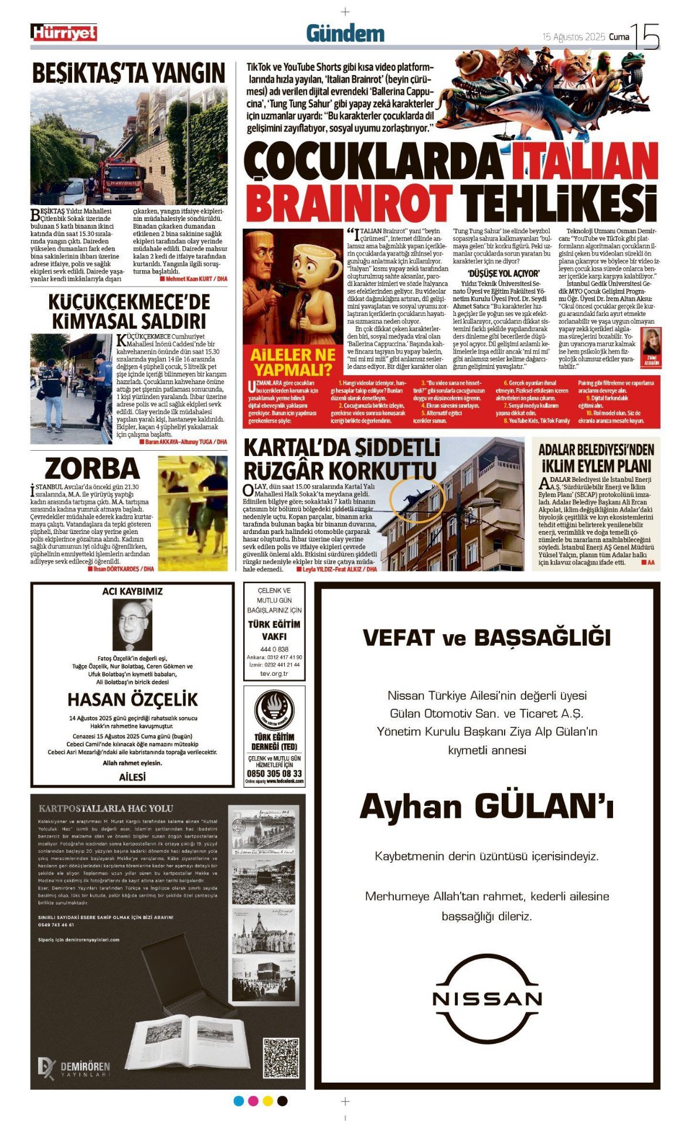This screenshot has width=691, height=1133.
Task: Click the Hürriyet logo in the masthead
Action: point(64,33)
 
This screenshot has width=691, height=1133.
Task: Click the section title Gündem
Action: point(345,34)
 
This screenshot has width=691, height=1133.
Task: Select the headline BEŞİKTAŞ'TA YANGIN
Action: point(128,73)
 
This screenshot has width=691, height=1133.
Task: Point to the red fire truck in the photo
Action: point(122,179)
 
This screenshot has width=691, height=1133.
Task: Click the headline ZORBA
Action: point(92,469)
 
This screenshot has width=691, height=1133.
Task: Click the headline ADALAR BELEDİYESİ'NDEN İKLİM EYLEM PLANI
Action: point(595,458)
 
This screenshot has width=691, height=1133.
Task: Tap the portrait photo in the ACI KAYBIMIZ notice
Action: point(132,625)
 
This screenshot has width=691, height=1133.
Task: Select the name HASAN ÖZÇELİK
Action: point(132,699)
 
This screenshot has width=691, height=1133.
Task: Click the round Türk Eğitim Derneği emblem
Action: point(274,710)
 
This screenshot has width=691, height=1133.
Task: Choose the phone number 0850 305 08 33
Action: point(274,774)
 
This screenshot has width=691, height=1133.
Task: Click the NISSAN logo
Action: point(486,999)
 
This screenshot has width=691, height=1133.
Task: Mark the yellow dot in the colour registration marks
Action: point(268,1101)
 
